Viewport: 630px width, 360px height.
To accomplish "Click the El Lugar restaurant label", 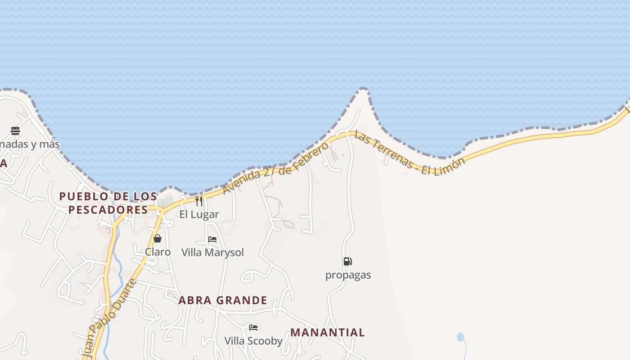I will pos(199,215).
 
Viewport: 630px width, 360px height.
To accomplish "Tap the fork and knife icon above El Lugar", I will pos(199,201).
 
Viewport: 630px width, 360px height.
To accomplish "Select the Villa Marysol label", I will pos(212,252).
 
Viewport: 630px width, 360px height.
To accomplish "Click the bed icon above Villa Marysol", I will pos(212,239).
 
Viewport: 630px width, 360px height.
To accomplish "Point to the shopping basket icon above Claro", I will pos(157,238).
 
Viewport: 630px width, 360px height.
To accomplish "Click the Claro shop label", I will pos(157,252).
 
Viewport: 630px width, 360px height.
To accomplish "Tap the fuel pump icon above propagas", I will pos(348,261).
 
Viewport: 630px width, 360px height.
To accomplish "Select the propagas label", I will pos(348,275).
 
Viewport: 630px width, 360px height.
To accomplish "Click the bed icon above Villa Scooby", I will pos(253,327).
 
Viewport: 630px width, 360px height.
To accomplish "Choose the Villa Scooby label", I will pos(253,341).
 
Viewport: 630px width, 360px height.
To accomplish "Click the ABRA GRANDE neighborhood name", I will pos(223,300).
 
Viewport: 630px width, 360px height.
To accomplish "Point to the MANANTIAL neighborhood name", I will pos(328,333).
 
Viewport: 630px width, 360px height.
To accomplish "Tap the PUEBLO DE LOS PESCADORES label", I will pos(108,203).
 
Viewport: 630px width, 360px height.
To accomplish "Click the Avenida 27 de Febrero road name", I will pos(276,168).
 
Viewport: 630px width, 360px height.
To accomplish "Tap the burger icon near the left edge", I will pos(15,131).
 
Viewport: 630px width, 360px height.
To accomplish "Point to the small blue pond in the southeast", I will pos(460,337).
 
